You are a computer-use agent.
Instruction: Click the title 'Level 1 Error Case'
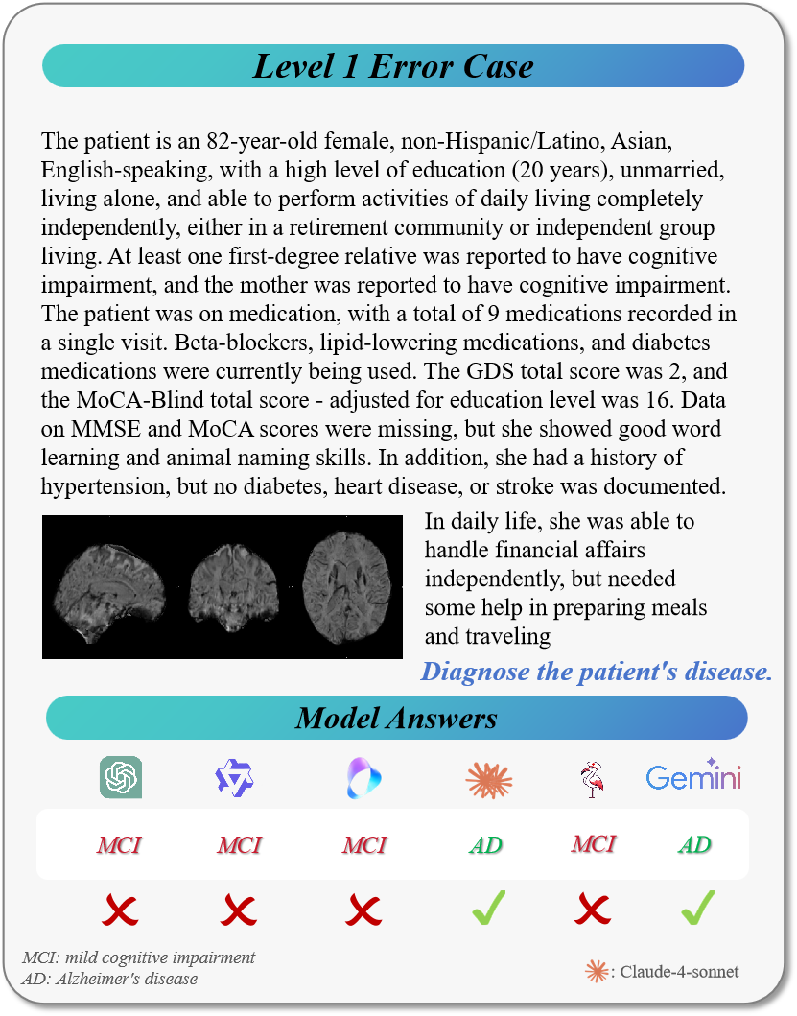[x=393, y=66]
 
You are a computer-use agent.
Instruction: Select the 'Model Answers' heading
[x=396, y=718]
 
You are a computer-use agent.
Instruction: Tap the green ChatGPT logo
[x=121, y=777]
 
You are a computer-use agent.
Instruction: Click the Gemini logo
[x=693, y=777]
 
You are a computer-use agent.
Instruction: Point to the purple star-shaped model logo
[x=235, y=778]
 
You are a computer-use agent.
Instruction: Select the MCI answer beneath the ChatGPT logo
[x=120, y=845]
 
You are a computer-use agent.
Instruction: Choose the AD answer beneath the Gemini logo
[x=694, y=844]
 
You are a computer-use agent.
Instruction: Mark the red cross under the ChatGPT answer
[x=120, y=910]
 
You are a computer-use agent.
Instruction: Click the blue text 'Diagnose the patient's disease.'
[x=597, y=671]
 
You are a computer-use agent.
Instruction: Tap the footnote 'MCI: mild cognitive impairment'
[x=139, y=957]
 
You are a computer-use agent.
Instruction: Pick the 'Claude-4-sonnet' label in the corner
[x=679, y=972]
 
